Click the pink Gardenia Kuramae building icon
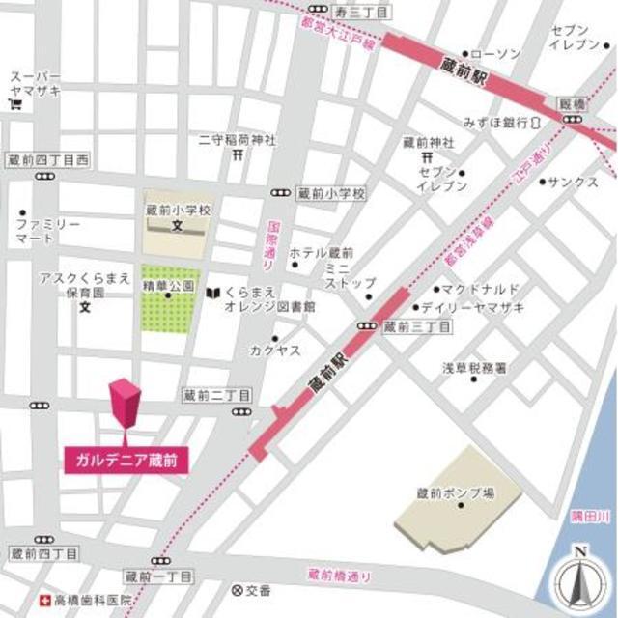[x=126, y=403]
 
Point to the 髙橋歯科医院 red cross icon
[x=44, y=601]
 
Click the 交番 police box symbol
[x=238, y=590]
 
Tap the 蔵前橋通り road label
[x=340, y=576]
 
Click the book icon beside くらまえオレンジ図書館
[x=212, y=291]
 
